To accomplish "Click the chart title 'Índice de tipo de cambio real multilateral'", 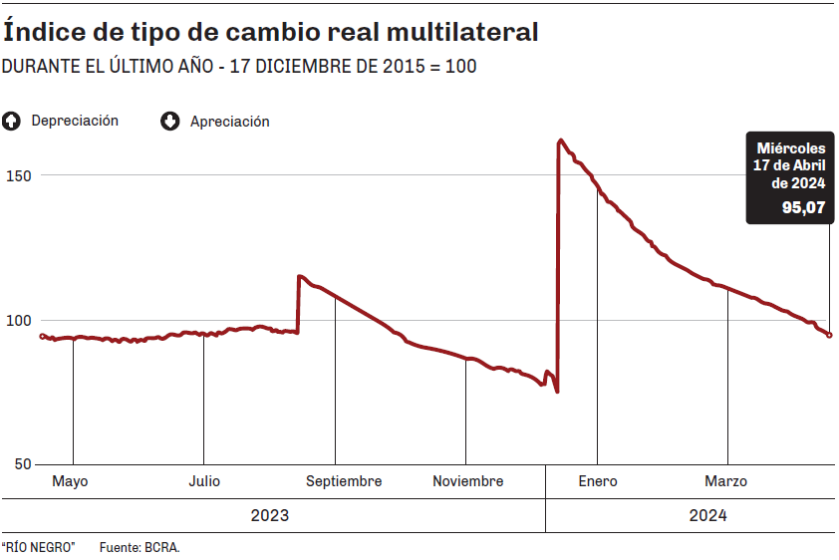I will pos(271,32).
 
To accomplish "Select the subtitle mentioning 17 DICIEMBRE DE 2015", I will pos(239,67).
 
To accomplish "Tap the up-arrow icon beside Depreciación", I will pos(12,122).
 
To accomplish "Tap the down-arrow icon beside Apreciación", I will pos(170,122).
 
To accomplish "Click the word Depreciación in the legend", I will pos(75,121).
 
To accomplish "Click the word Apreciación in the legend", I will pos(229,122).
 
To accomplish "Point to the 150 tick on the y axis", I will pos(20,175).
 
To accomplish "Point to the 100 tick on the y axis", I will pos(20,320).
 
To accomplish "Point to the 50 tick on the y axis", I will pos(24,464).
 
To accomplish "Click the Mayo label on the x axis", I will pos(70,481).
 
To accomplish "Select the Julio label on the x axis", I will pos(203,481).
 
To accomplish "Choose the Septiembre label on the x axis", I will pos(344,481).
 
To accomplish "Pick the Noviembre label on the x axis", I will pos(467,481).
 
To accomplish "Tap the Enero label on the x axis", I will pos(598,481).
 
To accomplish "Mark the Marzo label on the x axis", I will pos(726,481).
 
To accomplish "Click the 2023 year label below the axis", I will pos(270,516).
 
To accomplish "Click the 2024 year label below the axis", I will pos(707,516).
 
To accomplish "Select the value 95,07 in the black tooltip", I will pos(803,208).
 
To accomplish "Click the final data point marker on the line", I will pos(830,335).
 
